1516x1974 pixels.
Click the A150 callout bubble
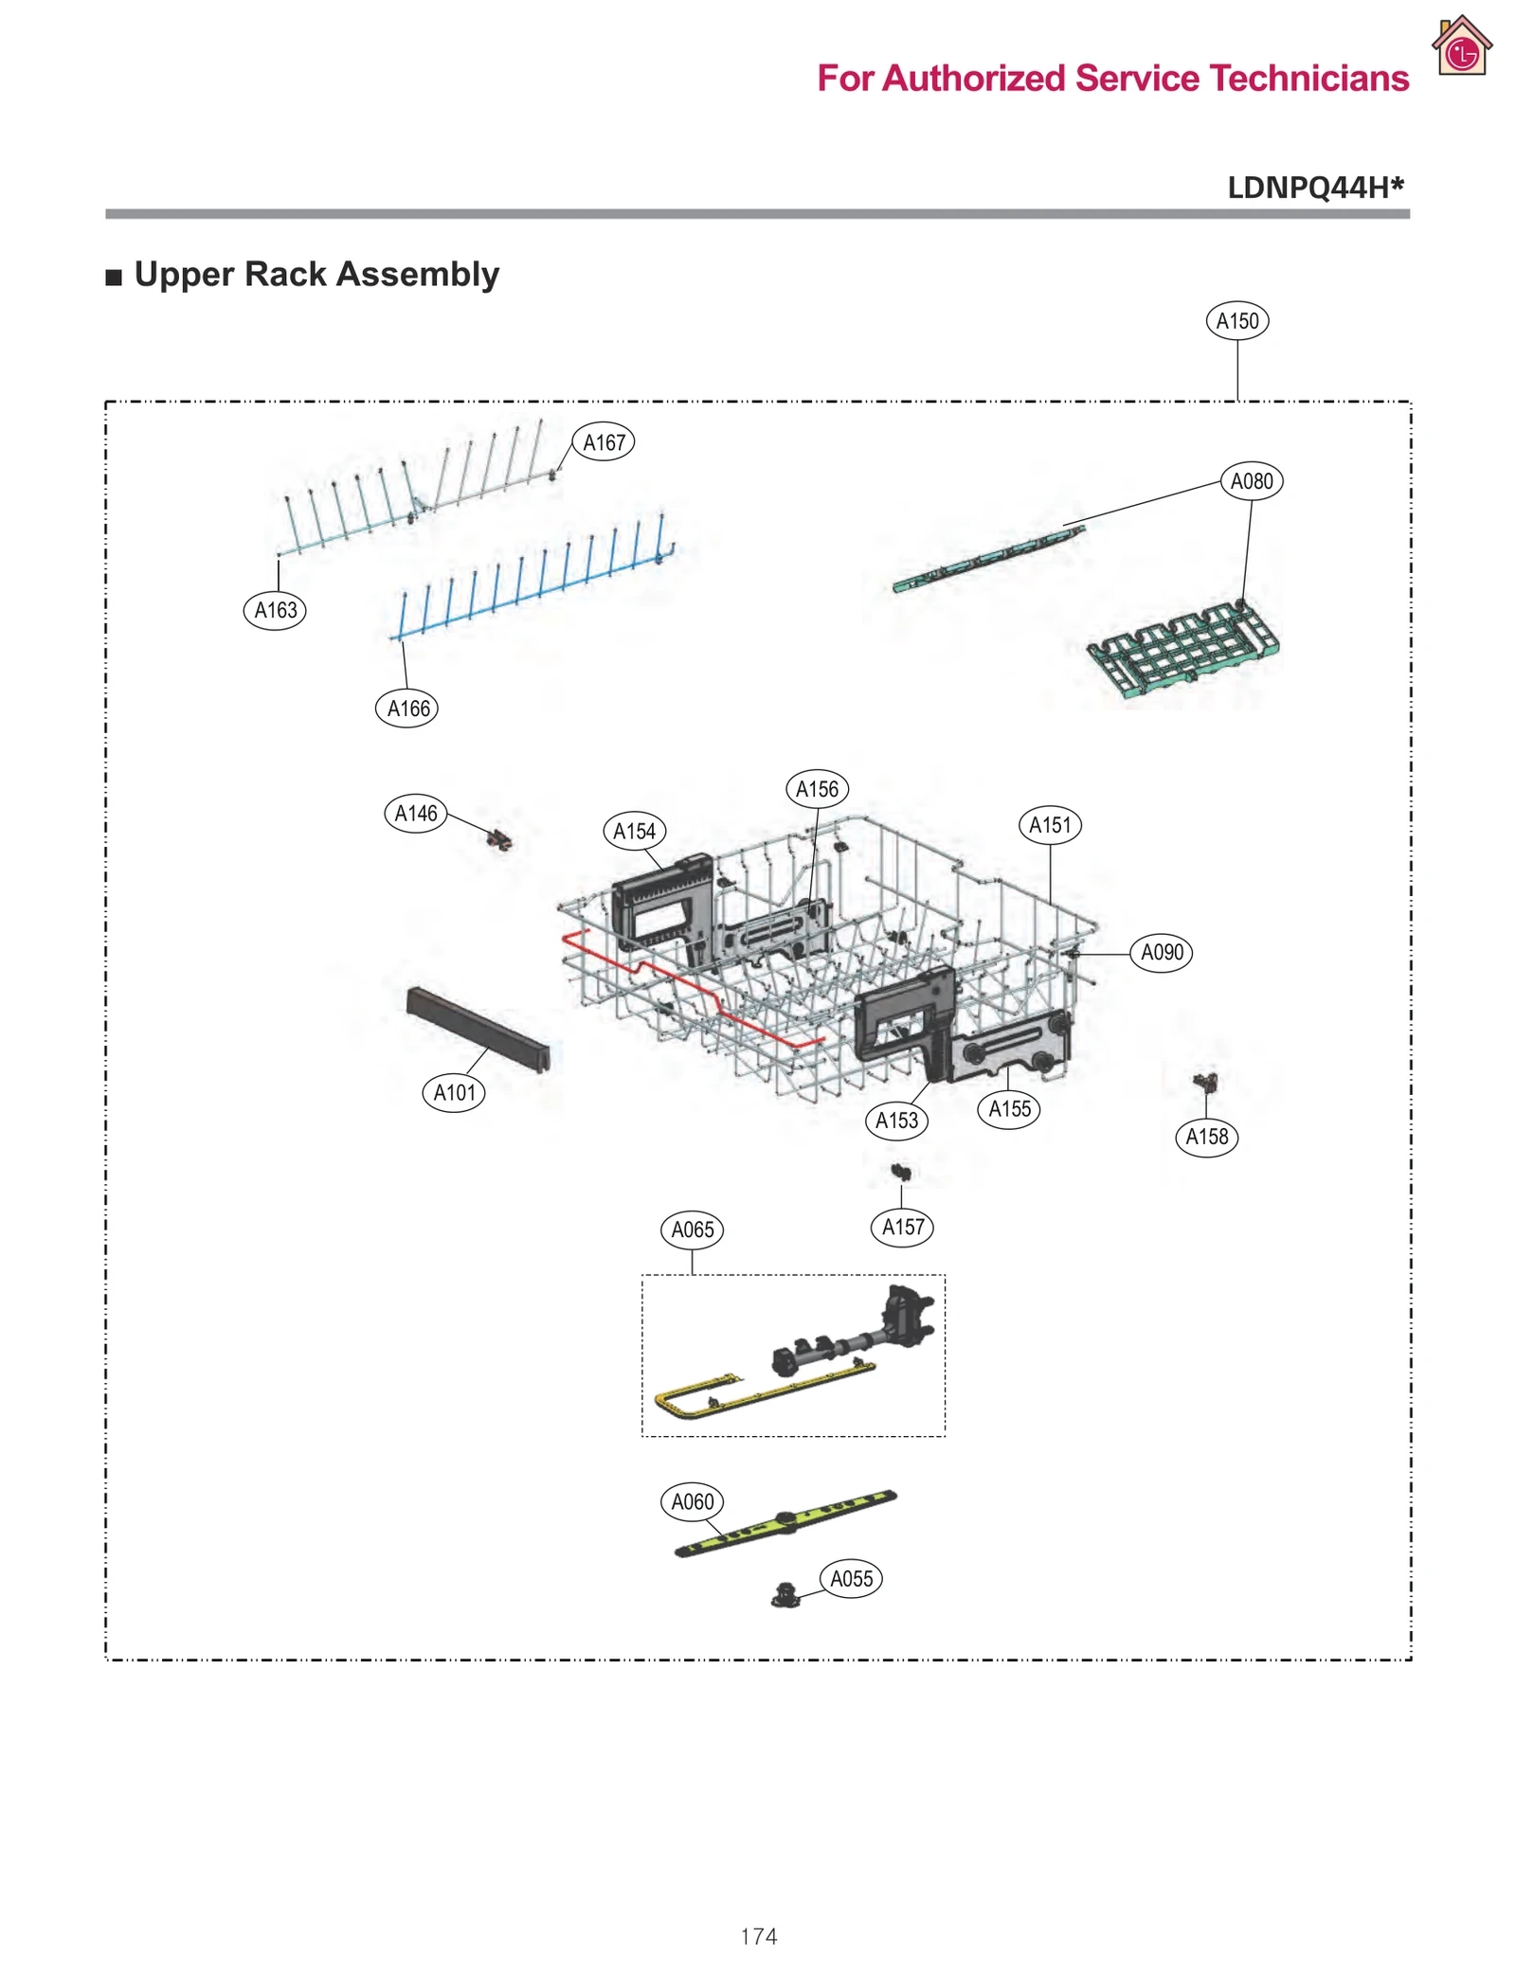tap(1236, 321)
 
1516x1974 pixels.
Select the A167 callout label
tap(604, 442)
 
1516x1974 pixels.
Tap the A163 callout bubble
tap(275, 610)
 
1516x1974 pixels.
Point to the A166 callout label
tap(407, 709)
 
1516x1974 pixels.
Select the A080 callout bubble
tap(1251, 481)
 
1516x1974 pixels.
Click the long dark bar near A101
tap(478, 1029)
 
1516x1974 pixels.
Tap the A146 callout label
tap(416, 814)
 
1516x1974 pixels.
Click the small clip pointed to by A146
tap(499, 839)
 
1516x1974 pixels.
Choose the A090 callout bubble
tap(1161, 952)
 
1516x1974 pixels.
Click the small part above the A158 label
tap(1204, 1082)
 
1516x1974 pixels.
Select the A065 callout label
tap(692, 1229)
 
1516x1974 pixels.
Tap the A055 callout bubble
tap(851, 1579)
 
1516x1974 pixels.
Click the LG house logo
tap(1461, 46)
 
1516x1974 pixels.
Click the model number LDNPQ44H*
tap(1314, 188)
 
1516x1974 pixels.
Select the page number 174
tap(758, 1936)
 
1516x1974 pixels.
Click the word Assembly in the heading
tap(417, 275)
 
